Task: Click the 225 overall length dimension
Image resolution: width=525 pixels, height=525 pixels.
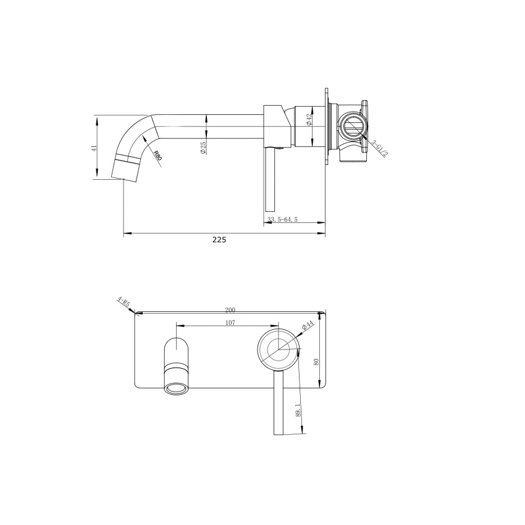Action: (x=219, y=240)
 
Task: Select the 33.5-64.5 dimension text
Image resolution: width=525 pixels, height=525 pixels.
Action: (x=282, y=220)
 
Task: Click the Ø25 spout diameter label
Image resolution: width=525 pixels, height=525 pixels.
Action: (x=203, y=147)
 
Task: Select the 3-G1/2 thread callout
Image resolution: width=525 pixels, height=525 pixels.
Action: (x=379, y=148)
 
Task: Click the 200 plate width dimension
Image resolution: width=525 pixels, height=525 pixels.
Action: (x=230, y=309)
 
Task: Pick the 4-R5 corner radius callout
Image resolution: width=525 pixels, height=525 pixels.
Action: (x=123, y=303)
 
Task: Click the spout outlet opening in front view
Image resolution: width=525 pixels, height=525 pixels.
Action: (x=177, y=388)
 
